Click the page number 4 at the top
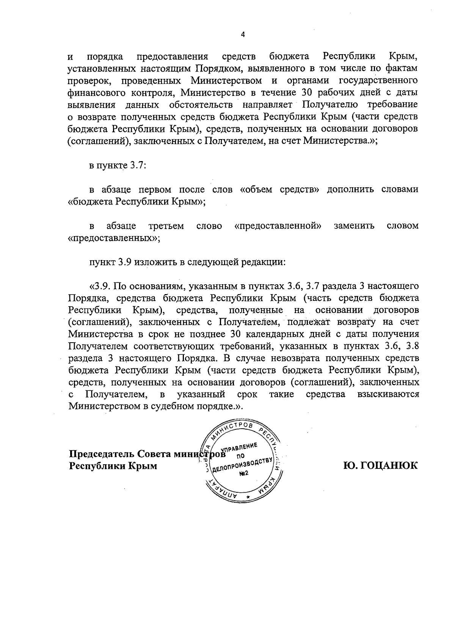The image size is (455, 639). [x=243, y=35]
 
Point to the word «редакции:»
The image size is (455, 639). [x=263, y=262]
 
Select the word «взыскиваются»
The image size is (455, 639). [x=388, y=394]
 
